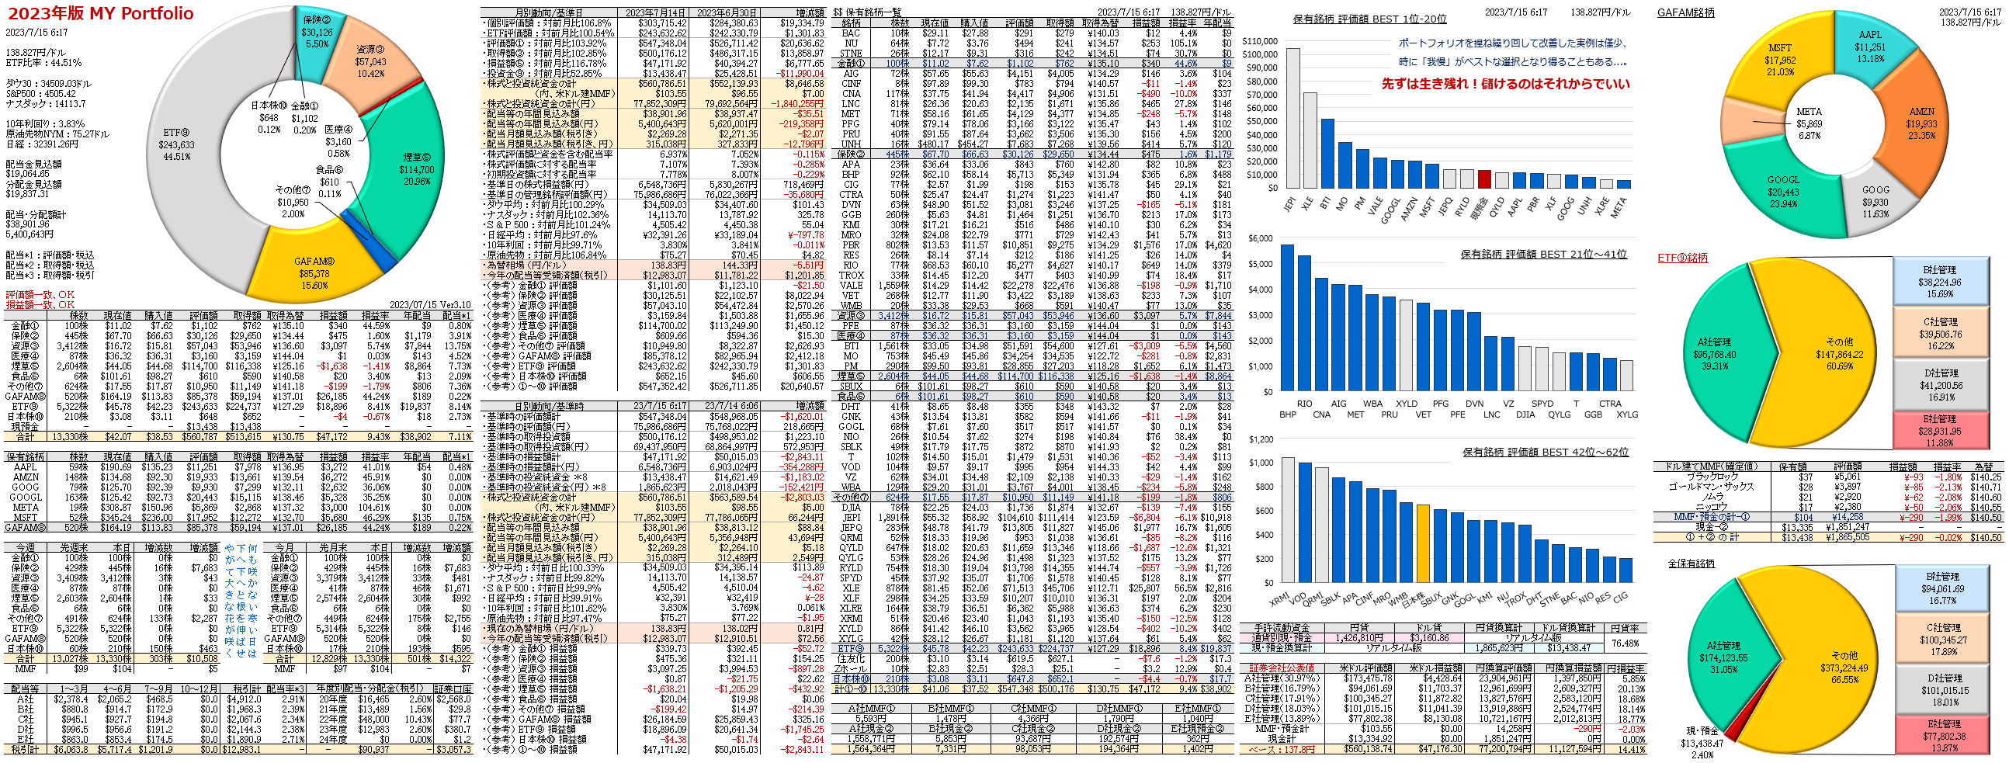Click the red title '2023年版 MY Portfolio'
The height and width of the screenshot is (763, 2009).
point(101,13)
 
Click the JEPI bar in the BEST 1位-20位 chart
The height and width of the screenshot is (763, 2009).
point(1292,117)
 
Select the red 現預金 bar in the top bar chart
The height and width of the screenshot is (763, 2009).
point(1484,179)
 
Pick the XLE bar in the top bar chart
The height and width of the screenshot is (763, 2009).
point(1310,140)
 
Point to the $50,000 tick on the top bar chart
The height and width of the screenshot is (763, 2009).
point(1260,121)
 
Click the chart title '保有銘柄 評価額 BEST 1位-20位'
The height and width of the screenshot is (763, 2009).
point(1369,19)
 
